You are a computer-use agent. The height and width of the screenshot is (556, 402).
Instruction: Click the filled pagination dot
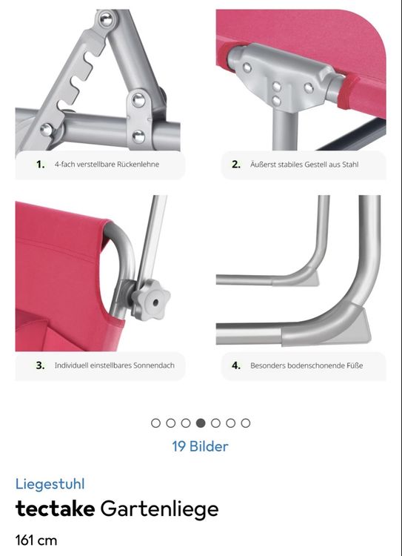tap(201, 423)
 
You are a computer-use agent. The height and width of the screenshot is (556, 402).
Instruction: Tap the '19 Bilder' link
tap(200, 446)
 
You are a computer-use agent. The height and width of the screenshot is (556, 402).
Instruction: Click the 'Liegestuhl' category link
tap(50, 484)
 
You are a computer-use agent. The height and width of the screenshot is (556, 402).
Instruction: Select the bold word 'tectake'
tap(55, 509)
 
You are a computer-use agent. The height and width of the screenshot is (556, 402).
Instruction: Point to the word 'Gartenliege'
tap(159, 509)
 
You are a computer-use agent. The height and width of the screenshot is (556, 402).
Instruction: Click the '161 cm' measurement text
tap(36, 540)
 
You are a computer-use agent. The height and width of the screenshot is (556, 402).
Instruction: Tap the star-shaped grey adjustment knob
tap(151, 300)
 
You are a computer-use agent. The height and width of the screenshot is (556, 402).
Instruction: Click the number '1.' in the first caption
tap(41, 164)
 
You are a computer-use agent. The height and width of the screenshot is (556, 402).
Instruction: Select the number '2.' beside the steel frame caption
tap(236, 164)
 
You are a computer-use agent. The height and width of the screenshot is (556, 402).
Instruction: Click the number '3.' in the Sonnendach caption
tap(41, 365)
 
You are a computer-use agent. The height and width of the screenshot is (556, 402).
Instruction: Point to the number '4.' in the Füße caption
tap(236, 365)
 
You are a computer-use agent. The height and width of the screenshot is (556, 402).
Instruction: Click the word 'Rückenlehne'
tap(138, 164)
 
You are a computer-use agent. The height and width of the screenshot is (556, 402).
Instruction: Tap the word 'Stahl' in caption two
tap(351, 164)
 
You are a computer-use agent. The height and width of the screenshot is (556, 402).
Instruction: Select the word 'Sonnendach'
tap(156, 365)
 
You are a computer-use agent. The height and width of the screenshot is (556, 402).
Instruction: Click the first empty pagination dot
tap(155, 423)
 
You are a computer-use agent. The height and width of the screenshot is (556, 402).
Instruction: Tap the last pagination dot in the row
tap(246, 423)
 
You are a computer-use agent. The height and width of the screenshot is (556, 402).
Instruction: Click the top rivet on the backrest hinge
tap(106, 19)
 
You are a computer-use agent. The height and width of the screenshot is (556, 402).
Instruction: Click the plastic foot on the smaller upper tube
tap(312, 277)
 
